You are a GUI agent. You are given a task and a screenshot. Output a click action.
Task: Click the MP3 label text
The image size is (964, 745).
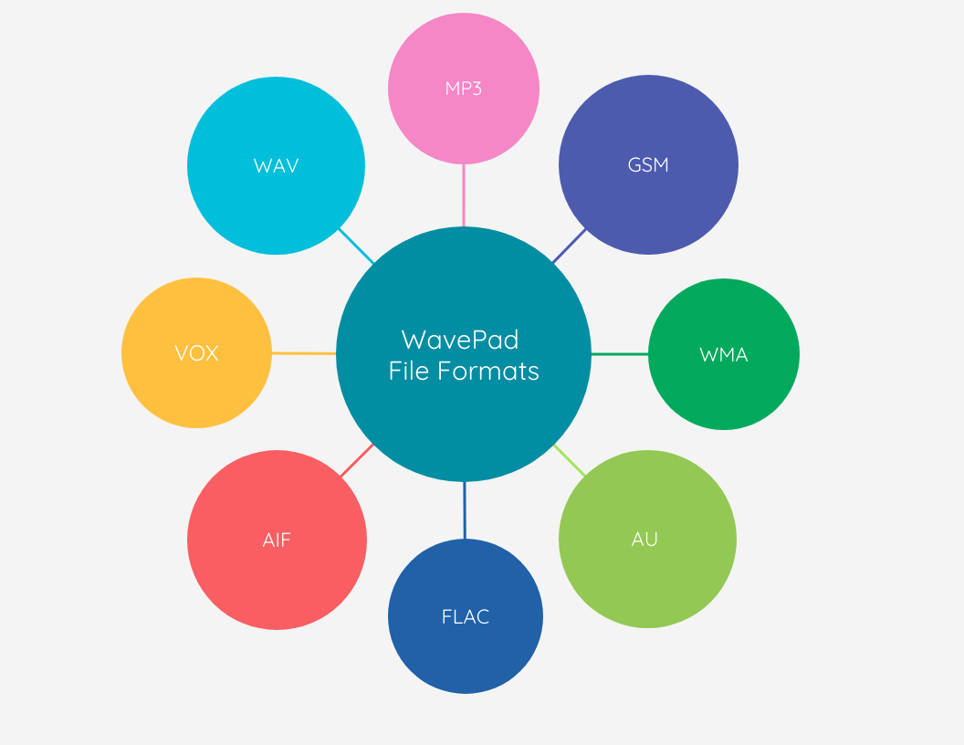[x=464, y=89]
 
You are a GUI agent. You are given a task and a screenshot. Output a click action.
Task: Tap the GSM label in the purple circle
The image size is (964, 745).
[x=648, y=165]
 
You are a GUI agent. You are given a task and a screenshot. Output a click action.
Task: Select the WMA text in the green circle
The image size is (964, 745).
[x=724, y=354]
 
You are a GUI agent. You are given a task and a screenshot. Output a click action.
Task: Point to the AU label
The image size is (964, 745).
[x=644, y=539]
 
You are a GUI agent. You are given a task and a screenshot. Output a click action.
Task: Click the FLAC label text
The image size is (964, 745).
[x=466, y=616]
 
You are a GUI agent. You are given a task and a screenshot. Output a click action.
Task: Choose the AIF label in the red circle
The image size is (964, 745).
[x=277, y=540]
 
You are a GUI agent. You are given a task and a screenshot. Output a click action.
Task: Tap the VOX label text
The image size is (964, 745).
[x=196, y=353]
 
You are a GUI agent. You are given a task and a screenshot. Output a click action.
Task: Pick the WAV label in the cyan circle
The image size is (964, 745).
[x=276, y=166]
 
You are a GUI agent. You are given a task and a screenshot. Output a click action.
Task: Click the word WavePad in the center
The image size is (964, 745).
[x=460, y=340]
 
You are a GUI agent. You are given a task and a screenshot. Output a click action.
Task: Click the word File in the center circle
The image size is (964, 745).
[x=408, y=372]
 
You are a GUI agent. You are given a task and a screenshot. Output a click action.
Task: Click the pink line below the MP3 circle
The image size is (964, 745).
[x=464, y=195]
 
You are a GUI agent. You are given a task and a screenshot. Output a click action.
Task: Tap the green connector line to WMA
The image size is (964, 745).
[x=620, y=353]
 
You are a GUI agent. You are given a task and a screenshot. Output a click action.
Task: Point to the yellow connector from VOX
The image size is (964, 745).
[x=304, y=353]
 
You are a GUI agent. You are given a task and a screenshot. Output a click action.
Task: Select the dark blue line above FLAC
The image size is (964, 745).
[x=465, y=509]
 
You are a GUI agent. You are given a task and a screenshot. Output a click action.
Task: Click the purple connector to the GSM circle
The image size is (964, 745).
[x=570, y=246]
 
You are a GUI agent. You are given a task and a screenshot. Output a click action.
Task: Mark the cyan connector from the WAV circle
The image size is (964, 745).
[x=356, y=246]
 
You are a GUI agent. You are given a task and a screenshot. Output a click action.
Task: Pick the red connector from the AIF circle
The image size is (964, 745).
[x=357, y=460]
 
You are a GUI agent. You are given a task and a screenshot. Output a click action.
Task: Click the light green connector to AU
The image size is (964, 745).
[x=570, y=460]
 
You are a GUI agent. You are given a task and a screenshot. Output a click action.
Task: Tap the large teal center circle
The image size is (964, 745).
[x=464, y=420]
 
